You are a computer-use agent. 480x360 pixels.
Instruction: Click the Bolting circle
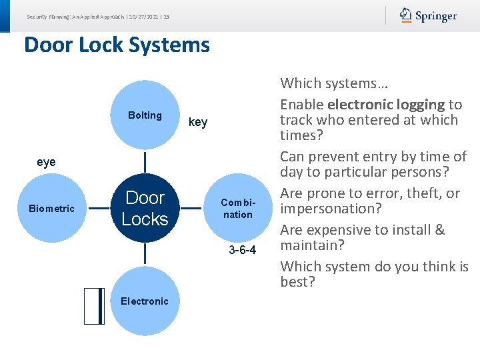tap(145, 115)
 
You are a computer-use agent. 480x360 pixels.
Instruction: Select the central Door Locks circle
tap(145, 208)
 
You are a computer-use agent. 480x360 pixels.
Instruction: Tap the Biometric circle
tap(51, 208)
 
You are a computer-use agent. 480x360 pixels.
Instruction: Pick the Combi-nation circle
tap(238, 208)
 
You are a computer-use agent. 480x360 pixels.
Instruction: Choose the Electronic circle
tap(145, 301)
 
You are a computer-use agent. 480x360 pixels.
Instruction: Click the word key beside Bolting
tap(198, 122)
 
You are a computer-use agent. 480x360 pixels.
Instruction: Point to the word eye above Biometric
tap(46, 162)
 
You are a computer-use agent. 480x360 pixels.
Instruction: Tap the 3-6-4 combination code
tap(242, 250)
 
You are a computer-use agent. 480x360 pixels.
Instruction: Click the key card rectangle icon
tap(95, 305)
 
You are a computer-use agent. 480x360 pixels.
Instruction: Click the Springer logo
tap(429, 15)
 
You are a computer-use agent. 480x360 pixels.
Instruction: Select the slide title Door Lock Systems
tap(117, 45)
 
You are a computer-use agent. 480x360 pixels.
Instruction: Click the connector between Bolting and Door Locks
tap(145, 161)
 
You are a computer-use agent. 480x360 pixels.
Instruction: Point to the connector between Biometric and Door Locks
tap(98, 208)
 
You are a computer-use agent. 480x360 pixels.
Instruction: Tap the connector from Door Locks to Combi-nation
tap(191, 208)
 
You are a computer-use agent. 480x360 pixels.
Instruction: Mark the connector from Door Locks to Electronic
tap(145, 255)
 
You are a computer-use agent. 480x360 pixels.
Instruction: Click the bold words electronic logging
tap(385, 105)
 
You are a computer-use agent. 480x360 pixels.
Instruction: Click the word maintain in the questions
tap(311, 245)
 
